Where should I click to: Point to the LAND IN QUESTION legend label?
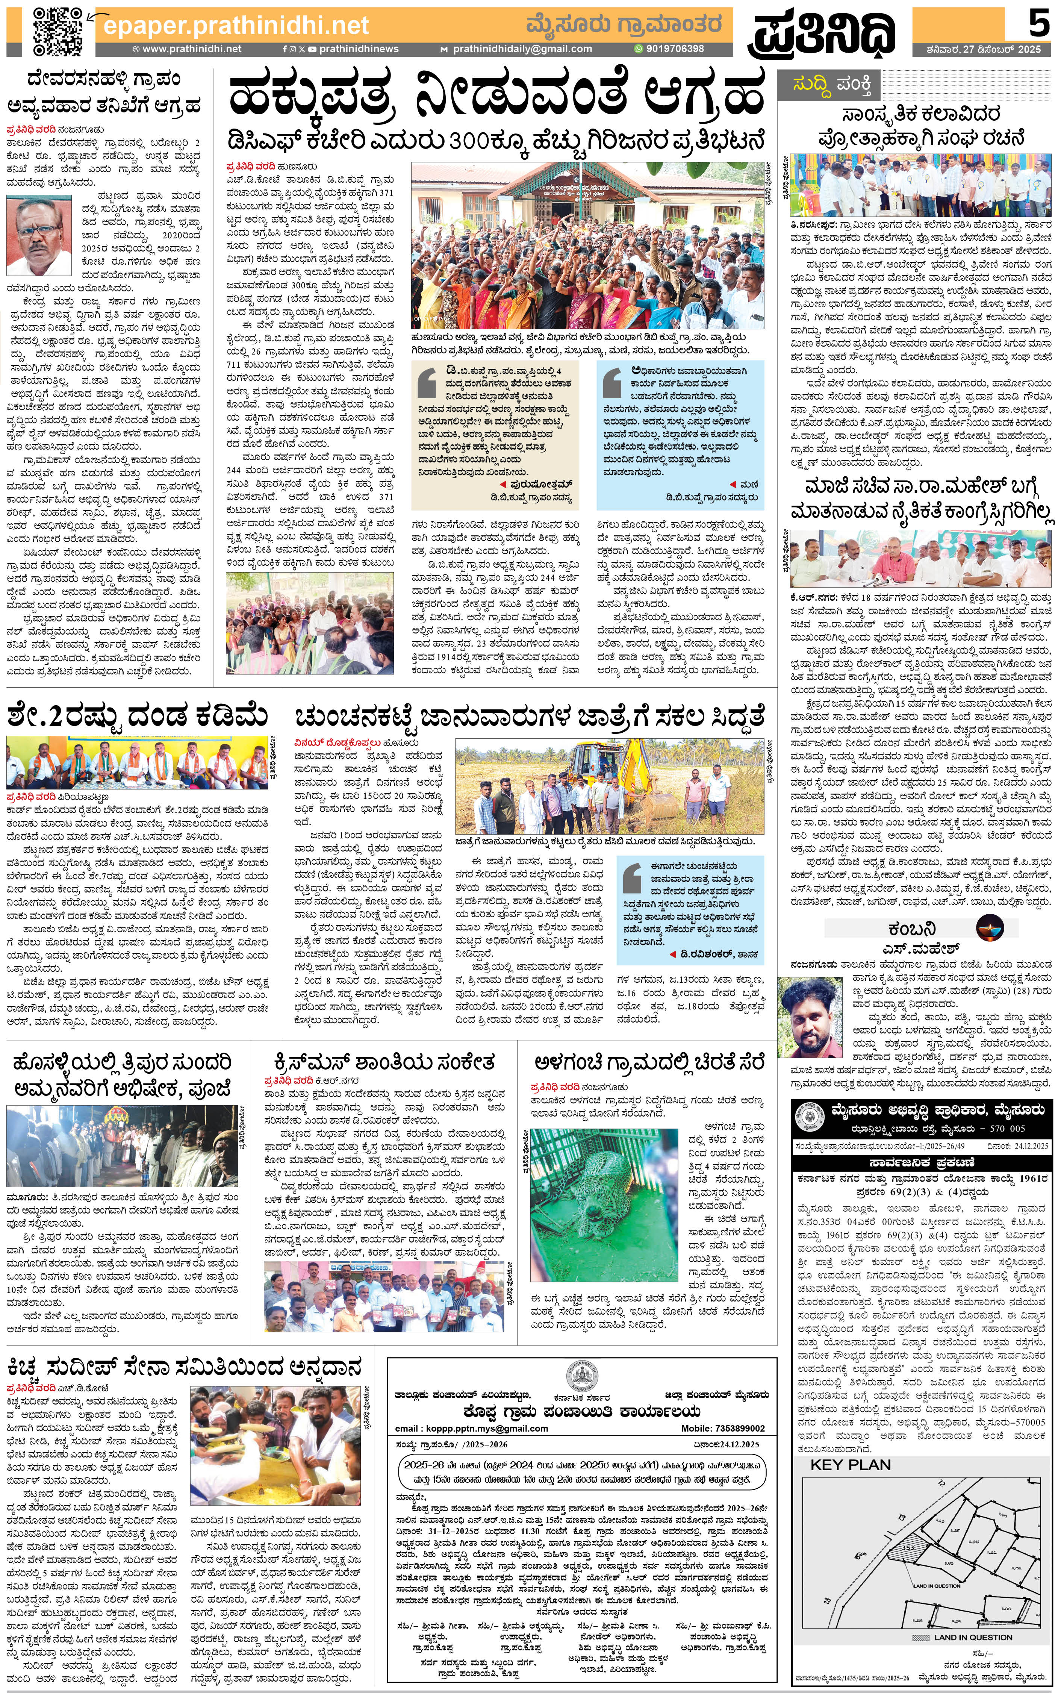tap(973, 1637)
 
